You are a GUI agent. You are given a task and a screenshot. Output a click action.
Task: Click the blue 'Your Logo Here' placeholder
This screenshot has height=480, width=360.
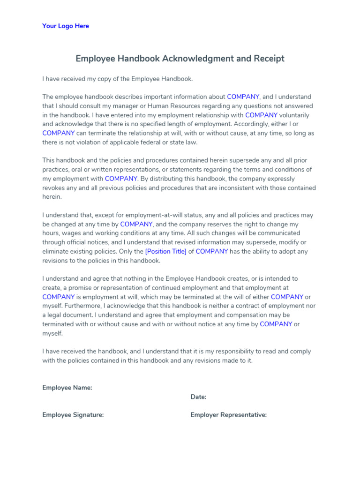(66, 26)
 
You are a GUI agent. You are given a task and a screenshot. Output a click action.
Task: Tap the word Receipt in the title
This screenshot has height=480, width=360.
(268, 59)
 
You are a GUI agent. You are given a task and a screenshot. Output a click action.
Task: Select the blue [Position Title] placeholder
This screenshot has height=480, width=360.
(166, 251)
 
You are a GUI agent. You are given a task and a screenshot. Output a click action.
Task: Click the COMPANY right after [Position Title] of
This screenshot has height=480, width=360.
(212, 251)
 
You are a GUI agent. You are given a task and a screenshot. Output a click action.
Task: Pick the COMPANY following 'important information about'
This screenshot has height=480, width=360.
(243, 97)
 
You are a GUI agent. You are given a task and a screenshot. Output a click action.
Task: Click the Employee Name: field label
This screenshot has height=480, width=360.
(67, 388)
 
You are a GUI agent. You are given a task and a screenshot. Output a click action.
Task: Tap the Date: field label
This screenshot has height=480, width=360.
(198, 397)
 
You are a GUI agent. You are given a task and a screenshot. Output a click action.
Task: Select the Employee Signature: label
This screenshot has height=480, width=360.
(73, 415)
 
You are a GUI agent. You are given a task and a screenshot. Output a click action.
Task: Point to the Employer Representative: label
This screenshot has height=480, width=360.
(229, 415)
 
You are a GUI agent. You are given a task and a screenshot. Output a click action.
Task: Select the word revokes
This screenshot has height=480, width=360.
(54, 188)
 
